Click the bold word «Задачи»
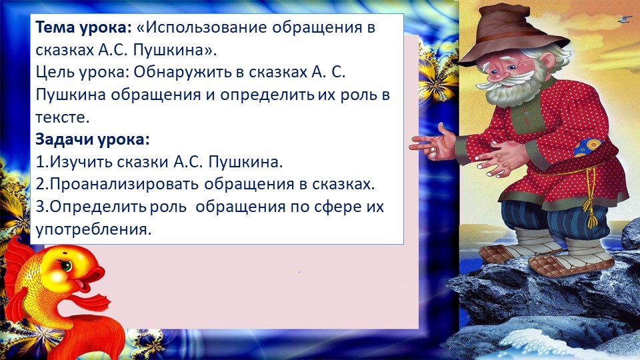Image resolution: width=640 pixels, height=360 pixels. (x=63, y=140)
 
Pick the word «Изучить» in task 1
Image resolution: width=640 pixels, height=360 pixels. (x=77, y=162)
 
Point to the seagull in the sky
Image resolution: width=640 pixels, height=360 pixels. (x=625, y=19)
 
